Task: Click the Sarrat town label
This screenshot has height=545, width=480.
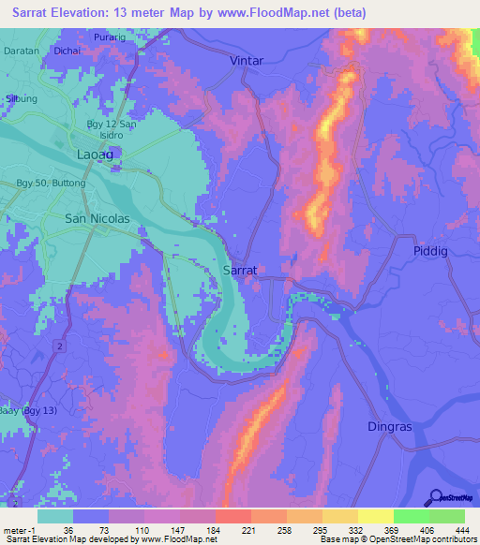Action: (x=239, y=269)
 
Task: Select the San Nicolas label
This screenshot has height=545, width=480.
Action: (x=97, y=218)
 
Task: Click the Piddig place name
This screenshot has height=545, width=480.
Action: (x=431, y=251)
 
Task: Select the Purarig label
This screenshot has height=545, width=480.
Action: (x=111, y=37)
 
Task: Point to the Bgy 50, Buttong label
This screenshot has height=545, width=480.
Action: (x=52, y=183)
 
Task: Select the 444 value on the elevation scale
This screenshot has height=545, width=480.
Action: (x=446, y=531)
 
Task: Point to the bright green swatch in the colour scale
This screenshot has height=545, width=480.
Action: (x=411, y=516)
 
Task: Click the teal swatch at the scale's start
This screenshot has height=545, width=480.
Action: (x=55, y=516)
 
